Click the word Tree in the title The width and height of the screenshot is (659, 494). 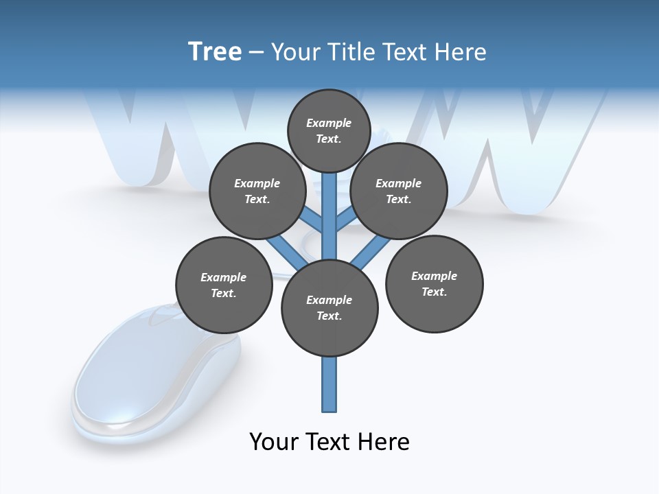215,51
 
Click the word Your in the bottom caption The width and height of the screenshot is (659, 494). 275,441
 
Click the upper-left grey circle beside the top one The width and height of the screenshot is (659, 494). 257,191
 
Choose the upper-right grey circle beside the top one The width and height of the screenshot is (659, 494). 399,191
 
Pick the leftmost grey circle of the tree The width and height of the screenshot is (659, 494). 224,285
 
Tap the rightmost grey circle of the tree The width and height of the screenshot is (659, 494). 434,284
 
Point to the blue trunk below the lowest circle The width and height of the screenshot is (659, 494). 329,384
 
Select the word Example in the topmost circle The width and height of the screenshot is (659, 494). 329,123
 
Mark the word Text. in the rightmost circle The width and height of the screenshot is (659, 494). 434,292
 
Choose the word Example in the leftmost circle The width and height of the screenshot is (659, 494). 223,277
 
